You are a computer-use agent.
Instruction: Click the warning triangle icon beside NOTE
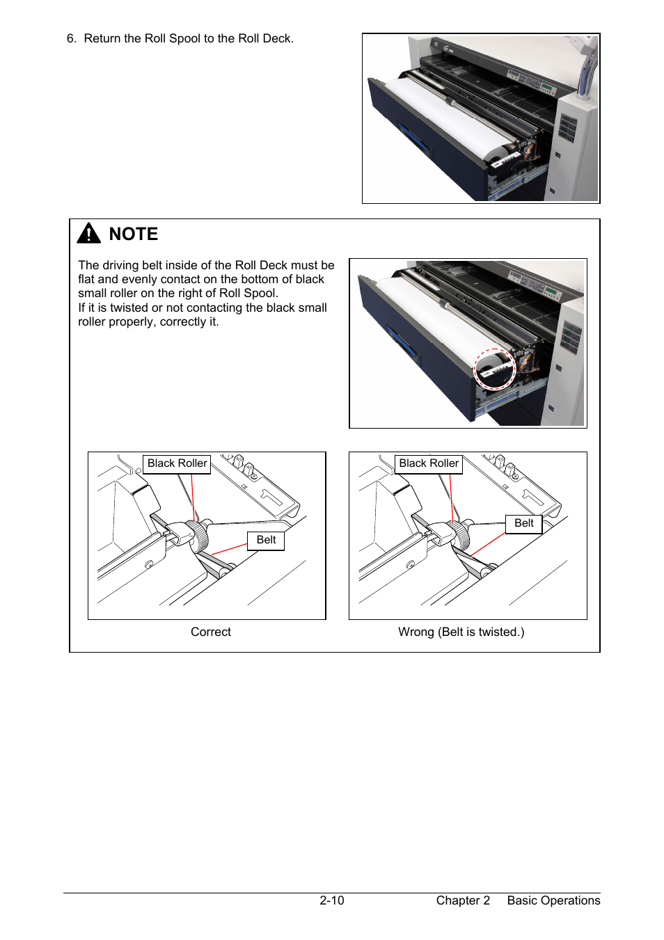[89, 234]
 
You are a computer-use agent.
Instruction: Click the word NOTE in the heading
[134, 234]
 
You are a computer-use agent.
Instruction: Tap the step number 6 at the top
[70, 39]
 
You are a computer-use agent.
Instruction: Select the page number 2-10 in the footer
[332, 900]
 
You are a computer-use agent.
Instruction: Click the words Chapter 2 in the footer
[463, 900]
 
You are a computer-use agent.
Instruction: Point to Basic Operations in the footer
[553, 900]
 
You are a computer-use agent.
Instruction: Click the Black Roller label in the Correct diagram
[177, 463]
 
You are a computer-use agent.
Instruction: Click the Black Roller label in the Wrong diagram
[429, 463]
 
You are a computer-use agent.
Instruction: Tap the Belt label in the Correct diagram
[266, 540]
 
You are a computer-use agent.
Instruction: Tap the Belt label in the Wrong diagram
[523, 523]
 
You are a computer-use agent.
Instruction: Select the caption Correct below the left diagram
[211, 632]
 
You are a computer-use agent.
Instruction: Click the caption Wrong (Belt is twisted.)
[461, 632]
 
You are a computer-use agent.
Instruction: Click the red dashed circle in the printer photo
[494, 369]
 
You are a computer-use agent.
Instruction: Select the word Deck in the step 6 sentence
[277, 39]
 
